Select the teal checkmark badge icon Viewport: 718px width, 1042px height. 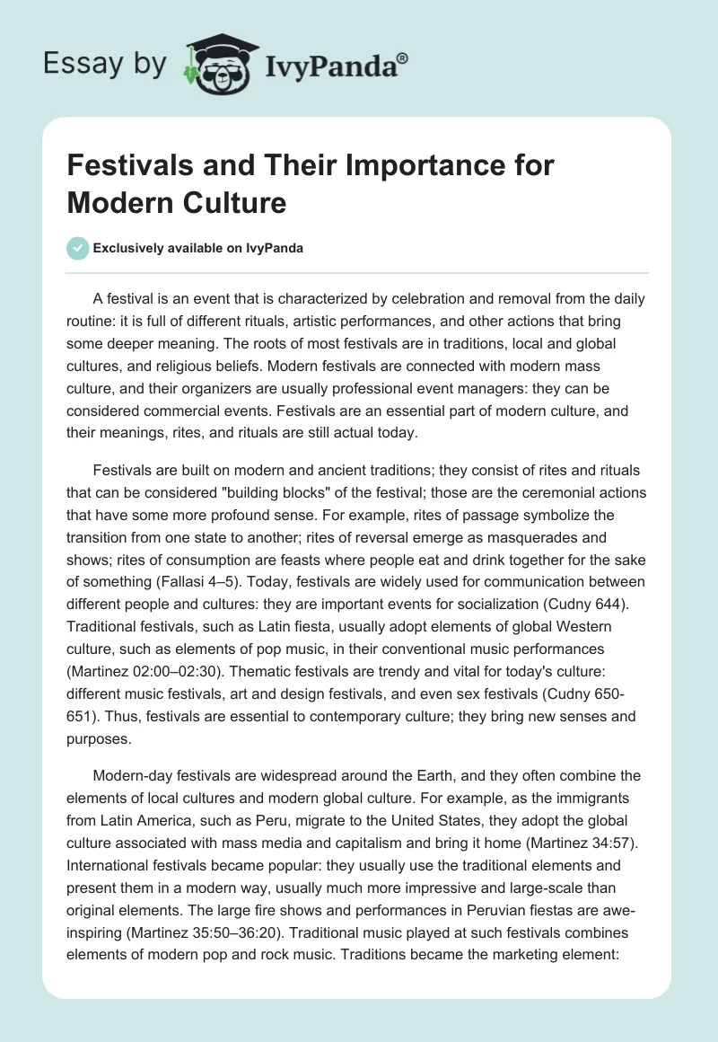[78, 248]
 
